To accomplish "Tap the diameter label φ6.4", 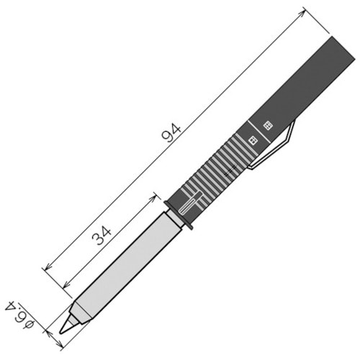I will (20, 310).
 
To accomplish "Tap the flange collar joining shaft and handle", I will (179, 215).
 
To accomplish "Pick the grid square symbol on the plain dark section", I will (269, 125).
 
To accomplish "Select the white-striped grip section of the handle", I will (216, 173).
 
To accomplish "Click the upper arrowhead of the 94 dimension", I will (303, 10).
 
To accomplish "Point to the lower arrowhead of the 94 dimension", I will (47, 268).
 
